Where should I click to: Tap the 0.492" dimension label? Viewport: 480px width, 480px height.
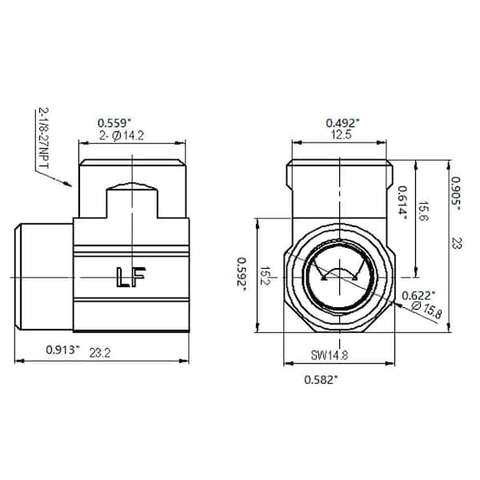click(x=342, y=122)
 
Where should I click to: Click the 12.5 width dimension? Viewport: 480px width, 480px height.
click(x=342, y=135)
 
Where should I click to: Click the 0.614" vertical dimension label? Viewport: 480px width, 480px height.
click(x=402, y=202)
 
